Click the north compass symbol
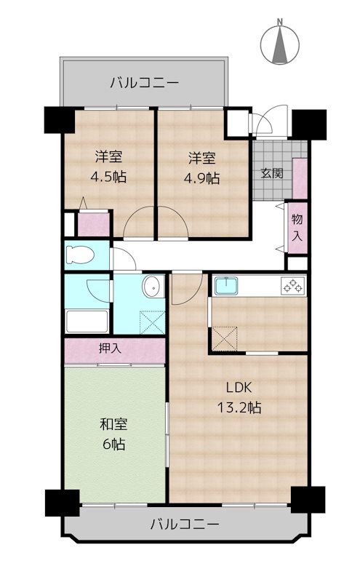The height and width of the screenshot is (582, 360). (279, 44)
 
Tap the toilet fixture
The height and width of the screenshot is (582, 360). (80, 255)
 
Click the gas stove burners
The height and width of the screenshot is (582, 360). (293, 286)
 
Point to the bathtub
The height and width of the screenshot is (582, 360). (87, 322)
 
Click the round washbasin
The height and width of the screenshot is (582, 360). (152, 286)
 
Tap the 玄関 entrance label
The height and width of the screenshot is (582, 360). (272, 173)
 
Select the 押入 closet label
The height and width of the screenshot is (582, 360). (110, 348)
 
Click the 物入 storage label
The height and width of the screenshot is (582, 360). (297, 227)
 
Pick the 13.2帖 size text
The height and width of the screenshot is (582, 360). (239, 408)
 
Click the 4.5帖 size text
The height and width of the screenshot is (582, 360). (108, 177)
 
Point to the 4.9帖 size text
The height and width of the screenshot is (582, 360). (202, 178)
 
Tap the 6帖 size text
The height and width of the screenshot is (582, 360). (113, 444)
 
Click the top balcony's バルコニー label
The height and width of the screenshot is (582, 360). (145, 82)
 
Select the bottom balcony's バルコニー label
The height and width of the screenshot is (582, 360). (185, 525)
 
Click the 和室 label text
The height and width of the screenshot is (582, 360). (113, 424)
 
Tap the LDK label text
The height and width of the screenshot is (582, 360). (239, 388)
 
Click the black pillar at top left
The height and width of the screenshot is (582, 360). (60, 120)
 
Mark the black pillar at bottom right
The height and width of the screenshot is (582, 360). (308, 500)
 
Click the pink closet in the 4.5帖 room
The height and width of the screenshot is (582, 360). (94, 224)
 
